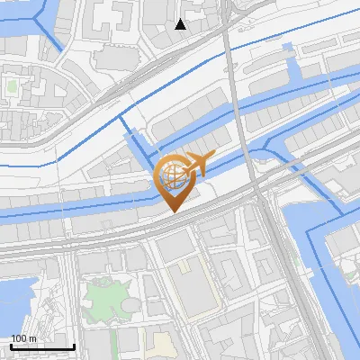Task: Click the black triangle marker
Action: click(x=181, y=24)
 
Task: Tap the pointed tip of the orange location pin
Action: click(x=174, y=212)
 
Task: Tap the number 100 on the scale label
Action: click(x=18, y=338)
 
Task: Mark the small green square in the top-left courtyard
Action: click(x=12, y=88)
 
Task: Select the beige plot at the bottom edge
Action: click(x=162, y=346)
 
